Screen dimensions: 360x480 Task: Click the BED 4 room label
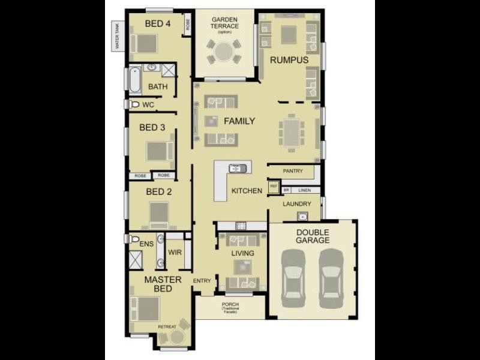coord(158,24)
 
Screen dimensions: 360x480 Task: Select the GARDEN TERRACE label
coord(225,23)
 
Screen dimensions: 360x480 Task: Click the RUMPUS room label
coord(289,60)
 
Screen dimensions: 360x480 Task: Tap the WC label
coord(148,104)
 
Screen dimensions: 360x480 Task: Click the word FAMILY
coord(239,121)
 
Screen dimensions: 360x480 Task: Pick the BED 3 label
coord(152,127)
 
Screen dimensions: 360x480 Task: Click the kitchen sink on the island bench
coord(237,169)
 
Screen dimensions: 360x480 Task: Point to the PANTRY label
coord(293,171)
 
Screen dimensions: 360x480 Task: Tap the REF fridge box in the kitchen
coord(274,187)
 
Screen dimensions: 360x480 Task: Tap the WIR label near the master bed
coord(175,252)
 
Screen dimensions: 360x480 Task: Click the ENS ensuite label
coord(146,244)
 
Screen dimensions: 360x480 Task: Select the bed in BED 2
coord(160,212)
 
